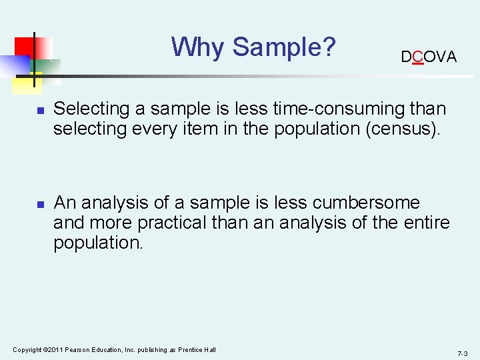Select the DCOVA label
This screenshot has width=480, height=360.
point(429,57)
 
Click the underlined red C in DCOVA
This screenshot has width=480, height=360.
point(417,57)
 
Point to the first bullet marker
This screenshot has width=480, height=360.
point(40,110)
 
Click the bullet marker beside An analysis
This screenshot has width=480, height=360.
point(40,204)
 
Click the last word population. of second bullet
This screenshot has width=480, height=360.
point(98,243)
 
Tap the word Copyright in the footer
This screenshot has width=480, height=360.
point(27,350)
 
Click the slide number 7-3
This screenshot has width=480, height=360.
point(463,353)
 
